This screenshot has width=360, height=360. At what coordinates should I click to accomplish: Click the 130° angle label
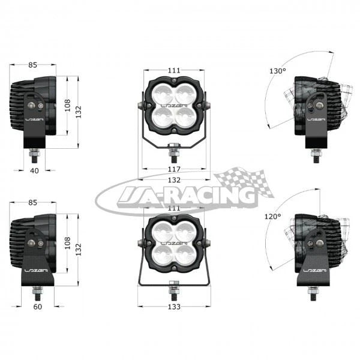click(278, 71)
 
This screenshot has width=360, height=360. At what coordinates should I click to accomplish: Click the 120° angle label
click(273, 216)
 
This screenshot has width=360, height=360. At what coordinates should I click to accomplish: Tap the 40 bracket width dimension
click(34, 170)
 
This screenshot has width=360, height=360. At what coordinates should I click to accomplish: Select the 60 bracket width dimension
click(38, 307)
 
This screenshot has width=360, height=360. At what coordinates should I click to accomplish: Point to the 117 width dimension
click(174, 169)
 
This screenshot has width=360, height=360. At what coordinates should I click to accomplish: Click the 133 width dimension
click(174, 307)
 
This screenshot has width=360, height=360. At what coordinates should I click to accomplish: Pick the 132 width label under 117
click(174, 180)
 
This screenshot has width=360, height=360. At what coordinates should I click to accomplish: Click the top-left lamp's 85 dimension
click(32, 65)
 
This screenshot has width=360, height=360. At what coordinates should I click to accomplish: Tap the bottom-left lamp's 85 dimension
click(32, 203)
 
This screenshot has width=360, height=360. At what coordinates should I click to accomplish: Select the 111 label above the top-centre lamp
click(174, 70)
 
